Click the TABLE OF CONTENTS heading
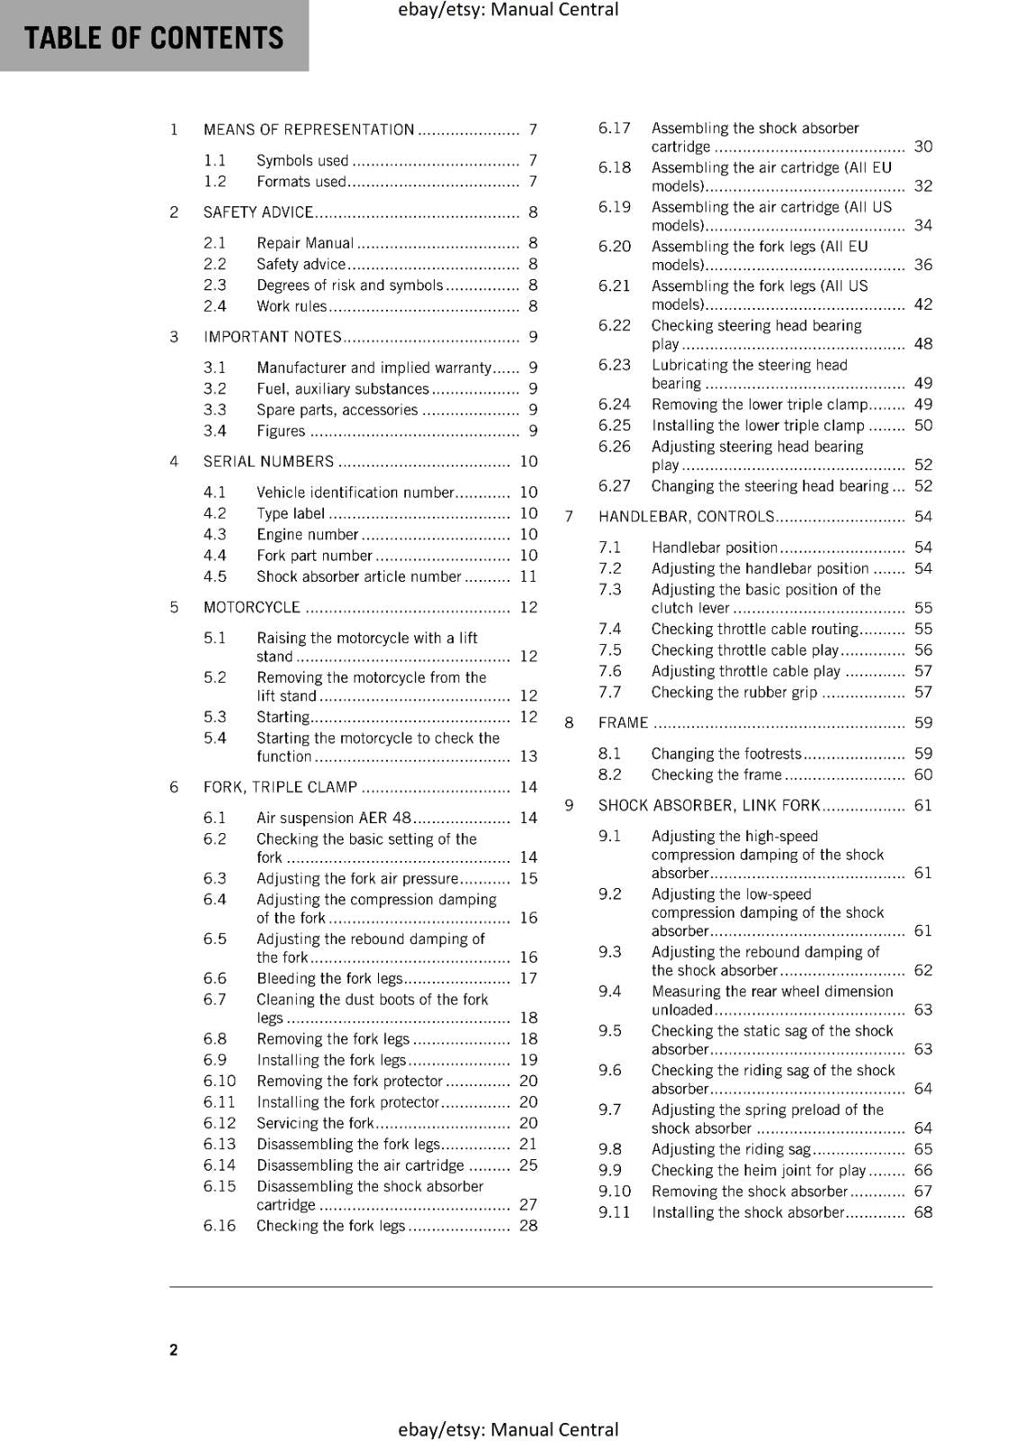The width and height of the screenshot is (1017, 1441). click(x=154, y=38)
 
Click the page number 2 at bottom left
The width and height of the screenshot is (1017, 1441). click(x=174, y=1349)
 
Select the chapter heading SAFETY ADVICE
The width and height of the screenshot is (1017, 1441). click(x=258, y=213)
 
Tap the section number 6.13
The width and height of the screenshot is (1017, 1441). click(x=220, y=1144)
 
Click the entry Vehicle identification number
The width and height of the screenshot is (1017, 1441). click(x=355, y=493)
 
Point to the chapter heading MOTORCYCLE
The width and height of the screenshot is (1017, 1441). click(x=252, y=607)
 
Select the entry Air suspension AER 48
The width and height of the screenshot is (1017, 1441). click(x=334, y=818)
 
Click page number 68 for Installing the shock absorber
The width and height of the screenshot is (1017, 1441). click(x=922, y=1212)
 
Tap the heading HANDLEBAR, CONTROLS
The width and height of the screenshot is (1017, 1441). click(x=686, y=517)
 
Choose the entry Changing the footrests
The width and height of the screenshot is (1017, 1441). click(x=725, y=754)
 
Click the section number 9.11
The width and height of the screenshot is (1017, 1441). click(x=615, y=1212)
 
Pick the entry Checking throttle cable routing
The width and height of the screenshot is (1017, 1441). click(x=754, y=630)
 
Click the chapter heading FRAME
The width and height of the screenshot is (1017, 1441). click(x=623, y=723)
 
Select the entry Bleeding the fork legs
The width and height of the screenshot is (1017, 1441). click(x=329, y=978)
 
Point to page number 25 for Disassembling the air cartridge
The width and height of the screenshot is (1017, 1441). click(x=528, y=1165)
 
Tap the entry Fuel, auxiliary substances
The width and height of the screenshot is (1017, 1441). click(x=342, y=389)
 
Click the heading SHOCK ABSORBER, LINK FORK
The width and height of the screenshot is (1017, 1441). click(x=709, y=806)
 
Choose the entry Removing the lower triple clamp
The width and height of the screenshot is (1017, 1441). click(x=759, y=405)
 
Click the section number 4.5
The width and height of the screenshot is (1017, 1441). click(x=215, y=576)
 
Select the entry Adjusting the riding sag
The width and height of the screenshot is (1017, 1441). click(x=731, y=1149)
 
